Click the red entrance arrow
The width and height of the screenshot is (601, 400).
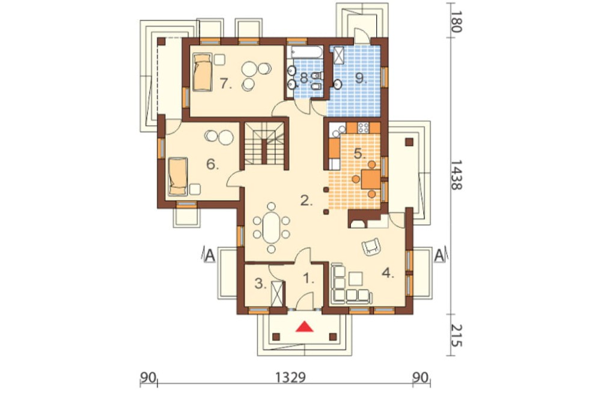click(305, 326)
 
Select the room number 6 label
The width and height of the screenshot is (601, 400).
click(212, 165)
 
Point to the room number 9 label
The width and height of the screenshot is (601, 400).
click(361, 78)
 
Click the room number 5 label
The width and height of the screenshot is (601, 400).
click(359, 154)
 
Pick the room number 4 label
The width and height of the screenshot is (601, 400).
click(388, 273)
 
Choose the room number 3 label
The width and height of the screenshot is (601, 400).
click(260, 284)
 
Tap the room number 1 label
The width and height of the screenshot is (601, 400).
click(309, 279)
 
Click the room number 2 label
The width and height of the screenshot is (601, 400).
click(307, 200)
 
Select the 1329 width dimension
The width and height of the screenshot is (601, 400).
click(290, 378)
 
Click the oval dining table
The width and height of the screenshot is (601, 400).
click(271, 228)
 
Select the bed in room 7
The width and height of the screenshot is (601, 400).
click(202, 72)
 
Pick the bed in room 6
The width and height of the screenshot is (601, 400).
click(178, 176)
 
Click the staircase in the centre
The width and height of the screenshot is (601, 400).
click(264, 144)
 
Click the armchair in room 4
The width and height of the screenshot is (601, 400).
click(371, 246)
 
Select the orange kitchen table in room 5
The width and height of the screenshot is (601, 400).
click(371, 180)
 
